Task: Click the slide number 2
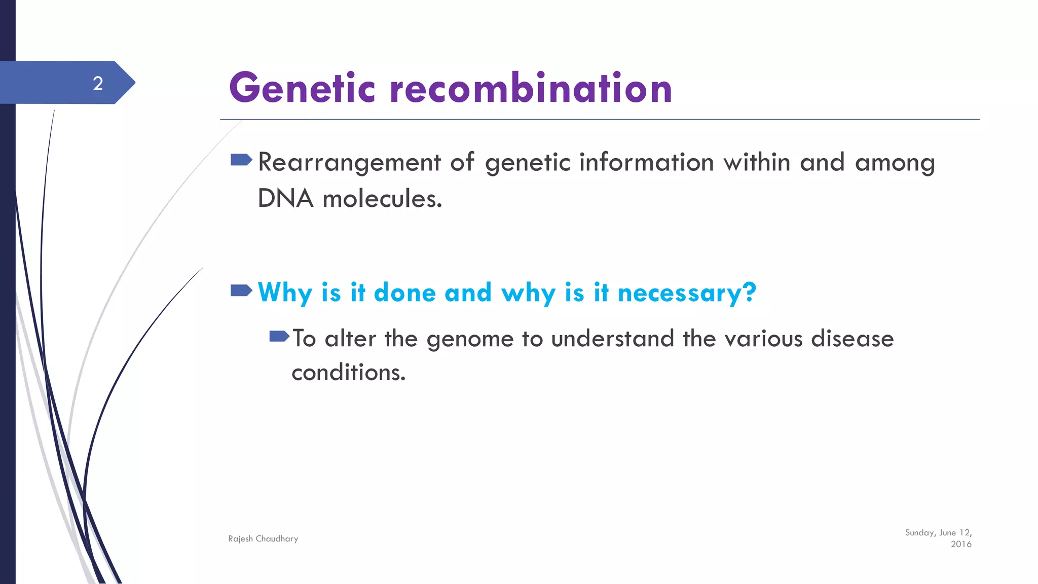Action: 98,83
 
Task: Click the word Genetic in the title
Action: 302,88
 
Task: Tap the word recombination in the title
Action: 531,88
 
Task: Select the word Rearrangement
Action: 349,163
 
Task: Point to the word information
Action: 646,163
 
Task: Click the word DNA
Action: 285,198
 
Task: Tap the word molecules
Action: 382,198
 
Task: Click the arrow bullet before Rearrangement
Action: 241,160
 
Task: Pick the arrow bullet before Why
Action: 241,290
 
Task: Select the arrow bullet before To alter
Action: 279,336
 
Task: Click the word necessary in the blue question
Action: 687,293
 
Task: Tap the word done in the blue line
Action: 404,293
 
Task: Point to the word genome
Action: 470,339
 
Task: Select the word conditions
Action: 348,373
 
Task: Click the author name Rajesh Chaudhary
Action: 263,539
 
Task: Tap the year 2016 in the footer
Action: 961,544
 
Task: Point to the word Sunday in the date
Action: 919,533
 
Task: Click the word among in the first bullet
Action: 895,163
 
